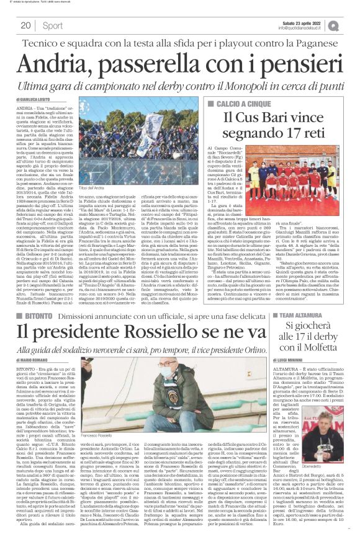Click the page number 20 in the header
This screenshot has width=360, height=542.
coord(26,25)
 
